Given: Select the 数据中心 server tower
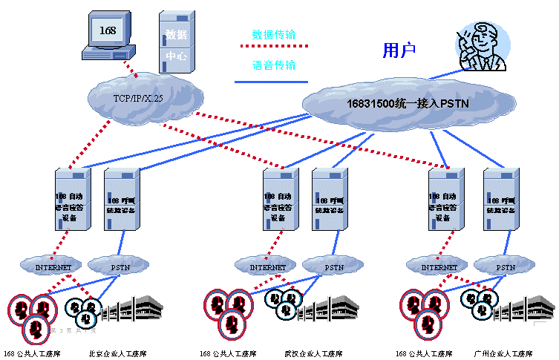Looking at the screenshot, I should (x=176, y=42).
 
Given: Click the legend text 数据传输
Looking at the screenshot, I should (x=274, y=34).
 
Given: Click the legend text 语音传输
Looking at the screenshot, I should (x=274, y=65).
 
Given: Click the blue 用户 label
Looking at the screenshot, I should (x=399, y=50).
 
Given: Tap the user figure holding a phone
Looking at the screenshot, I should (x=481, y=47).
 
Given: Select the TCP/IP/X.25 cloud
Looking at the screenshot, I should (x=146, y=96).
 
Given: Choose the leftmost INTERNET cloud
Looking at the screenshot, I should (x=54, y=266).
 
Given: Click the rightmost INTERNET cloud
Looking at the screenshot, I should (x=439, y=266).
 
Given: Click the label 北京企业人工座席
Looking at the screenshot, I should (x=117, y=353).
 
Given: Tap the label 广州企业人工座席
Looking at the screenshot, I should (x=502, y=353).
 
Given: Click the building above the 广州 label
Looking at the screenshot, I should (x=526, y=310).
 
